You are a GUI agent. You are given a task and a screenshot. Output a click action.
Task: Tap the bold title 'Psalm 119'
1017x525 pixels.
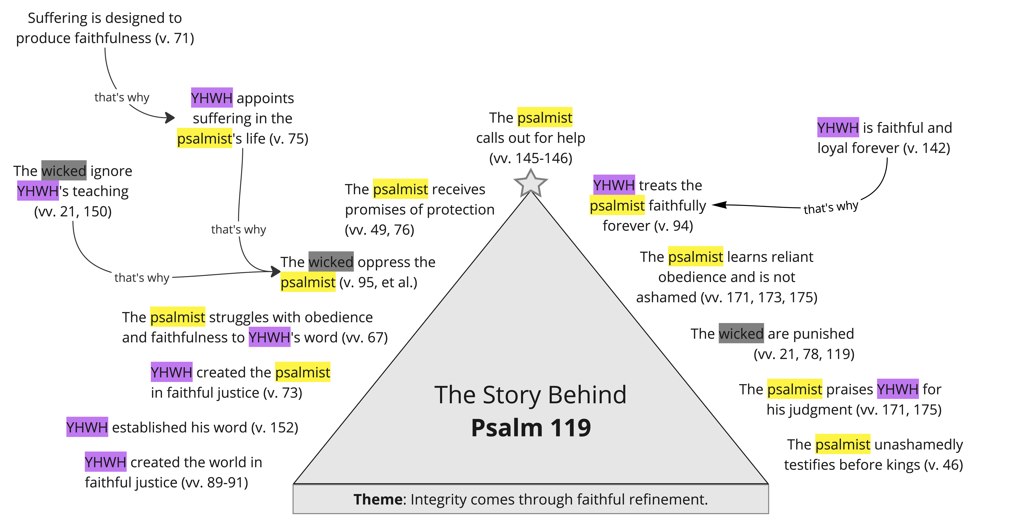coord(531,428)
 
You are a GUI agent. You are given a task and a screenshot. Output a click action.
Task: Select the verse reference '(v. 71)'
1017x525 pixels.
coord(175,38)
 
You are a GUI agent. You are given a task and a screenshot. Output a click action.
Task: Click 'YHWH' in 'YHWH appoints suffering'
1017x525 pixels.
coord(212,98)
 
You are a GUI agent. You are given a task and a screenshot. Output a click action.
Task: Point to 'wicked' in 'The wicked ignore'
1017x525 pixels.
coord(64,171)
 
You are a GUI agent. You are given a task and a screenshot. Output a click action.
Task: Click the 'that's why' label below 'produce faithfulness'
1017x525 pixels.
coord(122,97)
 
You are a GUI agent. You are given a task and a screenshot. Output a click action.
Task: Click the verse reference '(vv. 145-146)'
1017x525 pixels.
coord(531,158)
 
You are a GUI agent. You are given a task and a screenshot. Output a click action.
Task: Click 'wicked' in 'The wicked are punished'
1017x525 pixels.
coord(741,334)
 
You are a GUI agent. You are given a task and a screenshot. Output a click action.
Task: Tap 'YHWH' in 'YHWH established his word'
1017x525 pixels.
coord(87,427)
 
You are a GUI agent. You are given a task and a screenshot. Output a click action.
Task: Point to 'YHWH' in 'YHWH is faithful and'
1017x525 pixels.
coord(838,128)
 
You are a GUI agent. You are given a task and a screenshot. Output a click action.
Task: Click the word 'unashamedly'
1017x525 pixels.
coord(919,445)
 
